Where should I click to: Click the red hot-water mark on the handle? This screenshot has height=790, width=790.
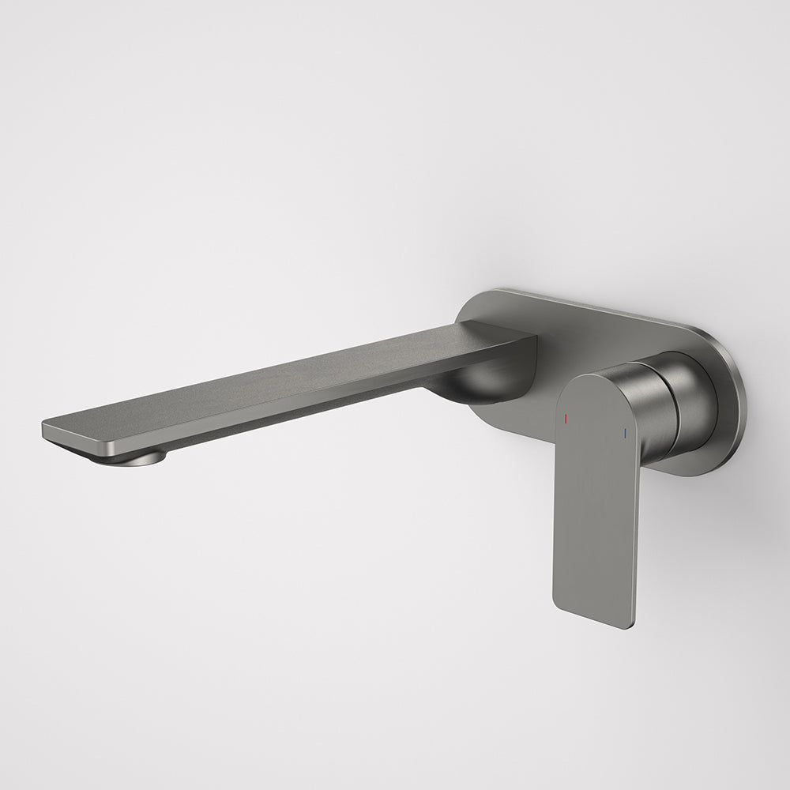pos(566,417)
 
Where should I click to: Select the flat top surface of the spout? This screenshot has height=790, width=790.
pos(284,379)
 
